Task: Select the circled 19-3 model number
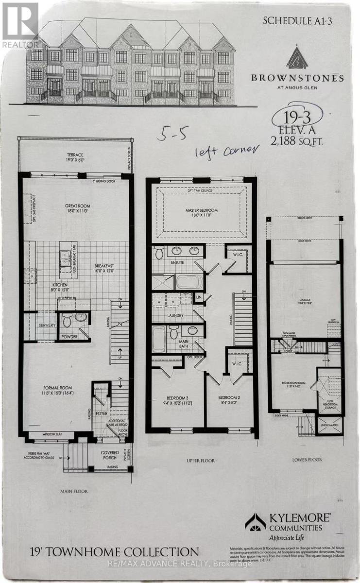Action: point(291,118)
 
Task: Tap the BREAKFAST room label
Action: point(104,266)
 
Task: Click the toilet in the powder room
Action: point(68,320)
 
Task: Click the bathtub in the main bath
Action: point(159,339)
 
